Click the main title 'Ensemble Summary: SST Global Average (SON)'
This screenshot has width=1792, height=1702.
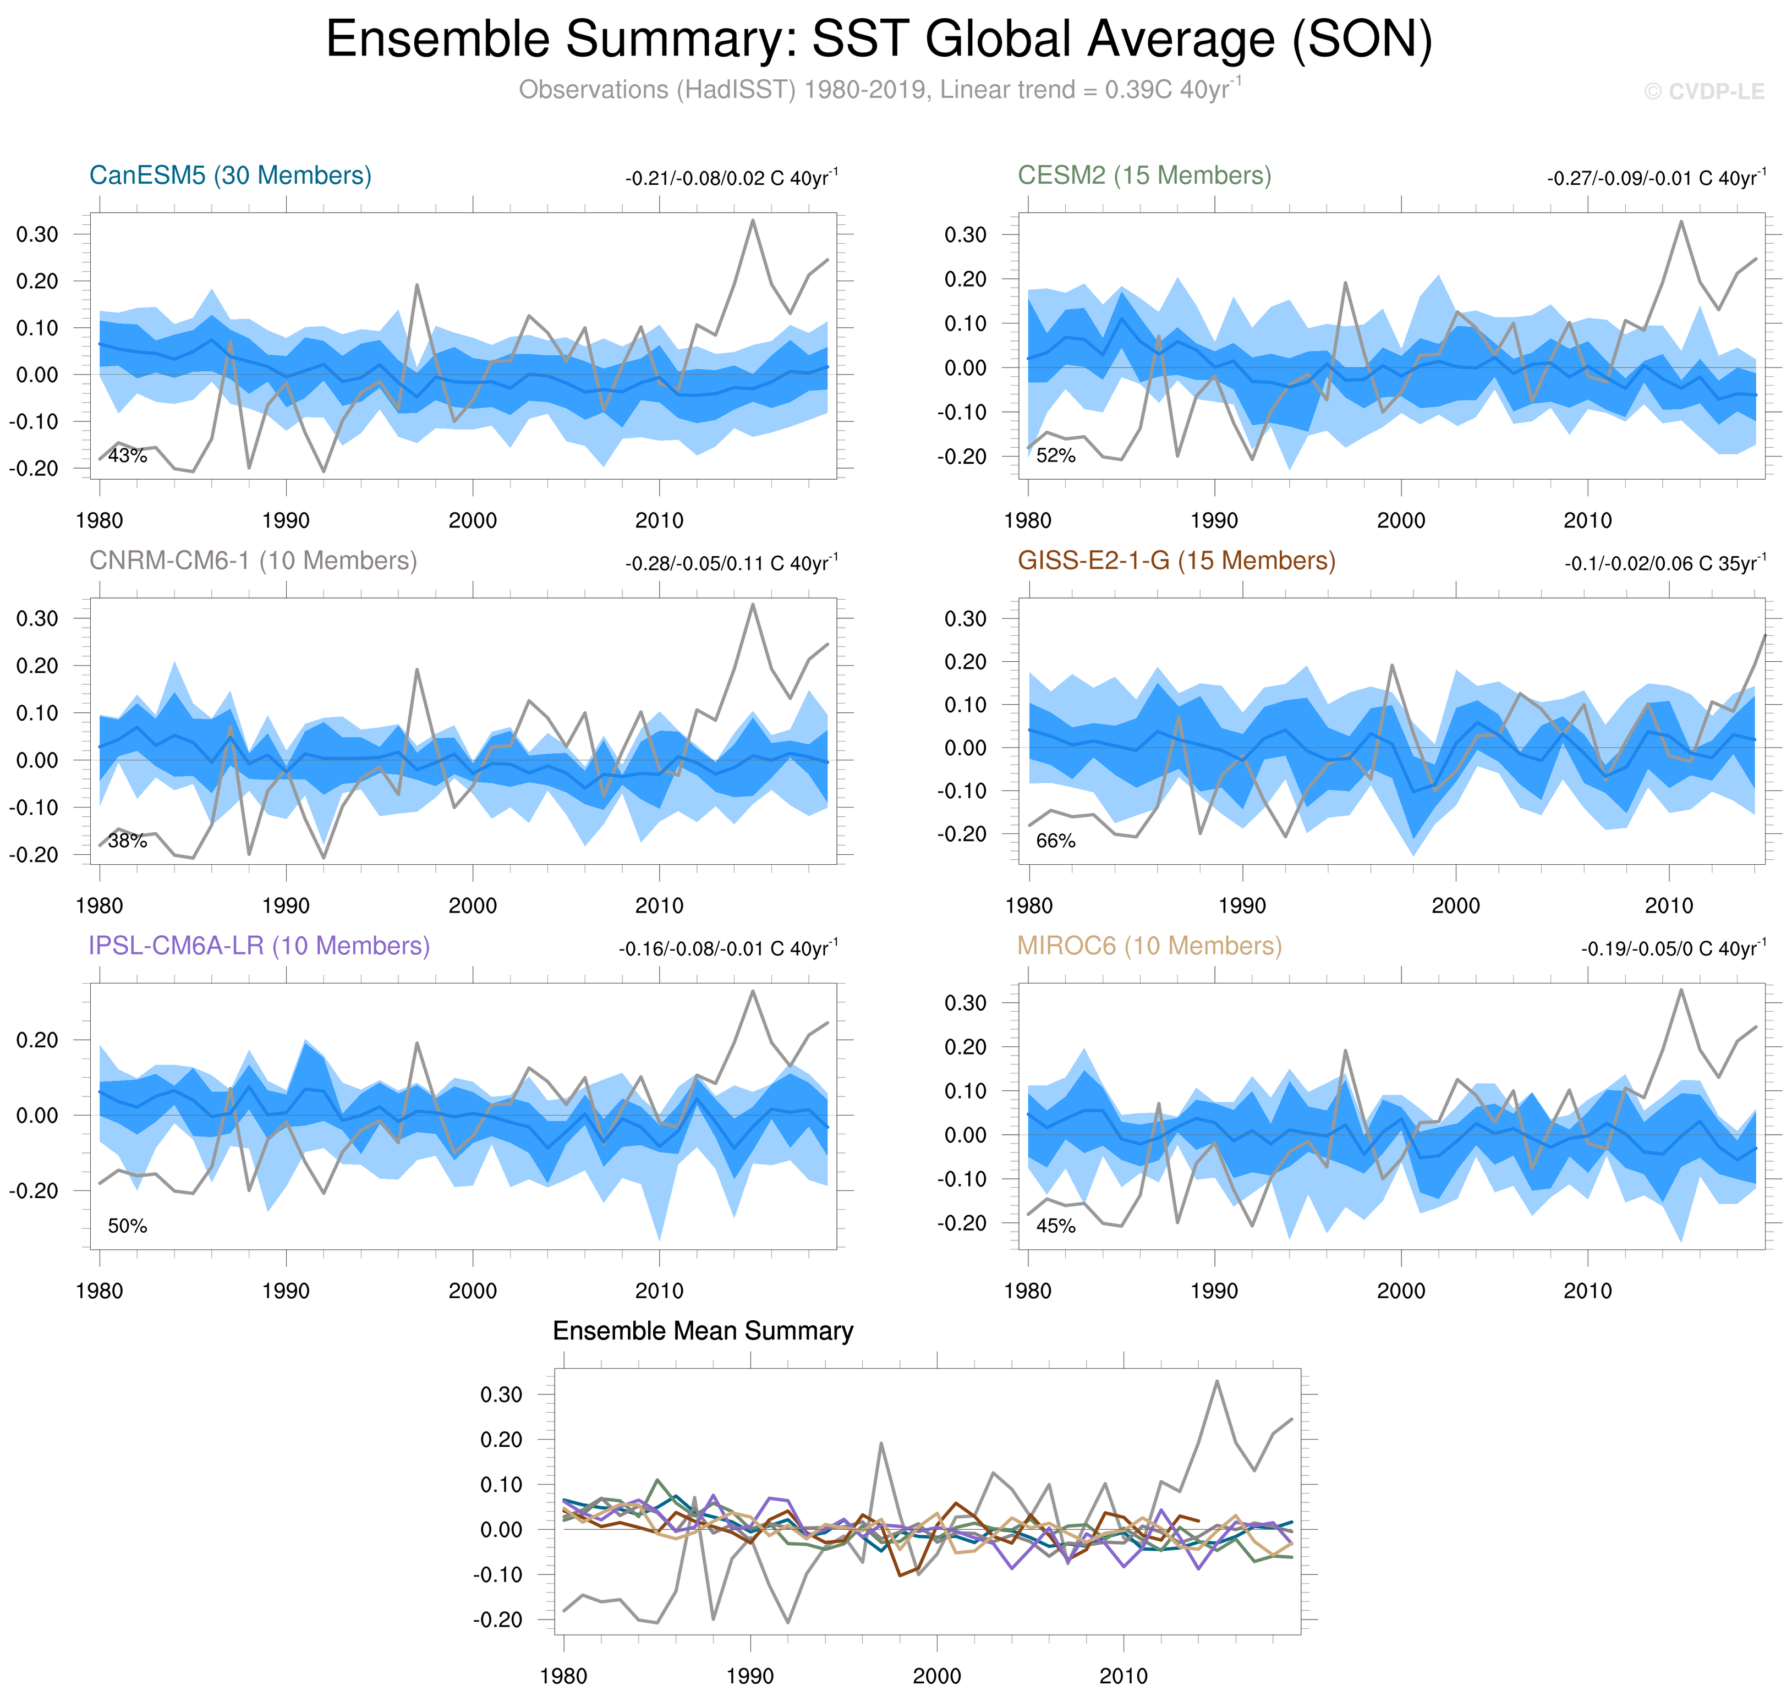(878, 40)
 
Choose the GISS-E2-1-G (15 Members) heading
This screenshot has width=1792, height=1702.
(1176, 561)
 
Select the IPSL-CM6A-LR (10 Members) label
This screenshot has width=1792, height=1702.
(259, 946)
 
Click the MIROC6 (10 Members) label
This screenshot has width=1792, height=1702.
(1149, 946)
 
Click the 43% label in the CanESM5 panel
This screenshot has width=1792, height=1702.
(127, 455)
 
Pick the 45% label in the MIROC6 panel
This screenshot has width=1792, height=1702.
(1055, 1226)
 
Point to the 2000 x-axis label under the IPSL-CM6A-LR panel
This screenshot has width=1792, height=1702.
(473, 1290)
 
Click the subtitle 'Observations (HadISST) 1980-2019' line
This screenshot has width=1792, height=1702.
(878, 90)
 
